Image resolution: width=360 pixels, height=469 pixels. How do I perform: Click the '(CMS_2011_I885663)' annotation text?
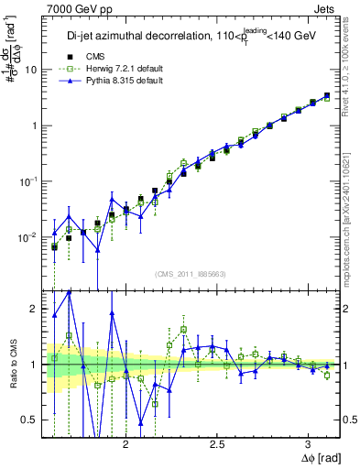(191, 273)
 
